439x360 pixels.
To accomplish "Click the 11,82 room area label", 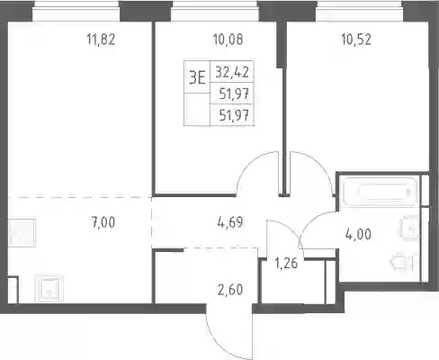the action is click(x=101, y=40).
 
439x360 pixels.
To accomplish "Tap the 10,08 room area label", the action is click(x=228, y=40).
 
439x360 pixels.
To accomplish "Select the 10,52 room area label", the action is click(x=356, y=40).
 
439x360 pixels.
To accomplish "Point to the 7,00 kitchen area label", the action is click(x=103, y=223).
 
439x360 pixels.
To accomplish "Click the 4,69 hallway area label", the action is click(x=230, y=223).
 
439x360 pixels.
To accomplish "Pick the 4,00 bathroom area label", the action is click(x=358, y=234).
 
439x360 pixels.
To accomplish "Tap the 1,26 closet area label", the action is click(x=286, y=264).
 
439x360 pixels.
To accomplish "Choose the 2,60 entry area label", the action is click(x=230, y=290).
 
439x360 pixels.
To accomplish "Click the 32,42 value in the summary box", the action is click(x=232, y=72).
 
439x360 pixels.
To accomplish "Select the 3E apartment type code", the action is click(x=197, y=78).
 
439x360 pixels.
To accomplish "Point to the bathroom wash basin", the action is click(x=409, y=228).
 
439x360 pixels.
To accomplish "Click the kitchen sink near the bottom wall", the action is click(x=49, y=289).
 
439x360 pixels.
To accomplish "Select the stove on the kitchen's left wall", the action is click(x=22, y=233).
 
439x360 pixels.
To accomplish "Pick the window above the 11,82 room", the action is click(x=76, y=12).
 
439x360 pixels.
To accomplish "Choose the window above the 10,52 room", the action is click(x=360, y=12).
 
